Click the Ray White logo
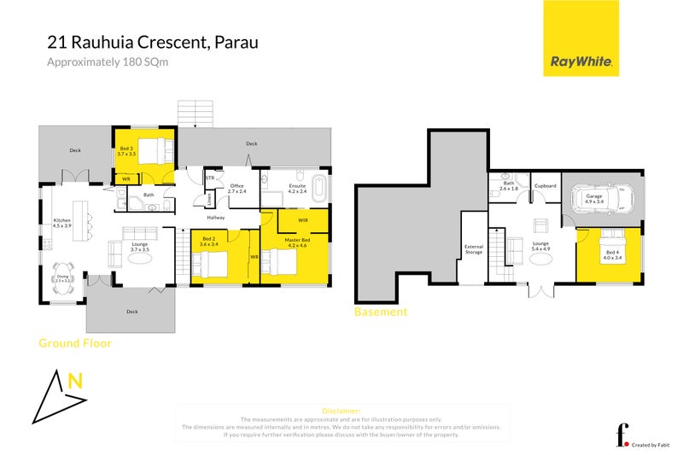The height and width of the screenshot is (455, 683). (x=581, y=38)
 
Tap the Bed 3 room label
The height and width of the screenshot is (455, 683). (x=126, y=152)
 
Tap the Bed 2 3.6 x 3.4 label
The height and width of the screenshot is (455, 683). (x=207, y=242)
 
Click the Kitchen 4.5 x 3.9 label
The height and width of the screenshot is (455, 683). (x=61, y=224)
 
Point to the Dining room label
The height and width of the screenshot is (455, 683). (x=63, y=277)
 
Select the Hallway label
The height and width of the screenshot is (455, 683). (x=214, y=218)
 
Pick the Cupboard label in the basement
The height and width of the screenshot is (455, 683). (x=545, y=185)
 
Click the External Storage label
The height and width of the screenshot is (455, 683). (x=473, y=249)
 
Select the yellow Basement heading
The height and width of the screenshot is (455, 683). (x=380, y=312)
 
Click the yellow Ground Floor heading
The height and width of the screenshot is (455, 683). (x=75, y=343)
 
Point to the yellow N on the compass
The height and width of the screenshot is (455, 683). (x=75, y=383)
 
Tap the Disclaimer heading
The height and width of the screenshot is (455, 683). (x=341, y=411)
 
